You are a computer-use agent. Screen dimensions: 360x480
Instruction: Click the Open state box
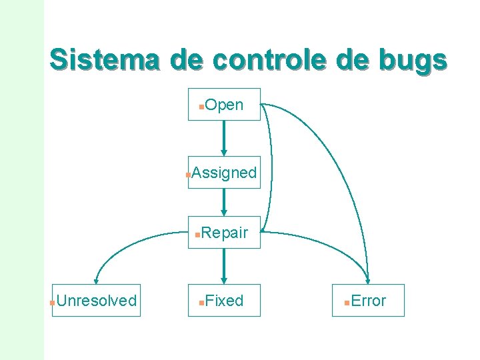[x=224, y=105]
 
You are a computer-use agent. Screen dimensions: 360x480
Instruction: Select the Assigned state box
[x=224, y=173]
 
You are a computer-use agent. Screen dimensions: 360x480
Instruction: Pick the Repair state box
[x=224, y=233]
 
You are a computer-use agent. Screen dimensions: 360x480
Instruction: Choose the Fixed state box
[x=224, y=301]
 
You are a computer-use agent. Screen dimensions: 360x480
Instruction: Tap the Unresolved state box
[x=96, y=301]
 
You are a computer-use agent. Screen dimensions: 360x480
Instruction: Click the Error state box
[x=368, y=301]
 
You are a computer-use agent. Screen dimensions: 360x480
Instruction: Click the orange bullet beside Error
[x=346, y=303]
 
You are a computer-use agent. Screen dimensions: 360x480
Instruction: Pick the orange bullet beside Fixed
[x=201, y=303]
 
